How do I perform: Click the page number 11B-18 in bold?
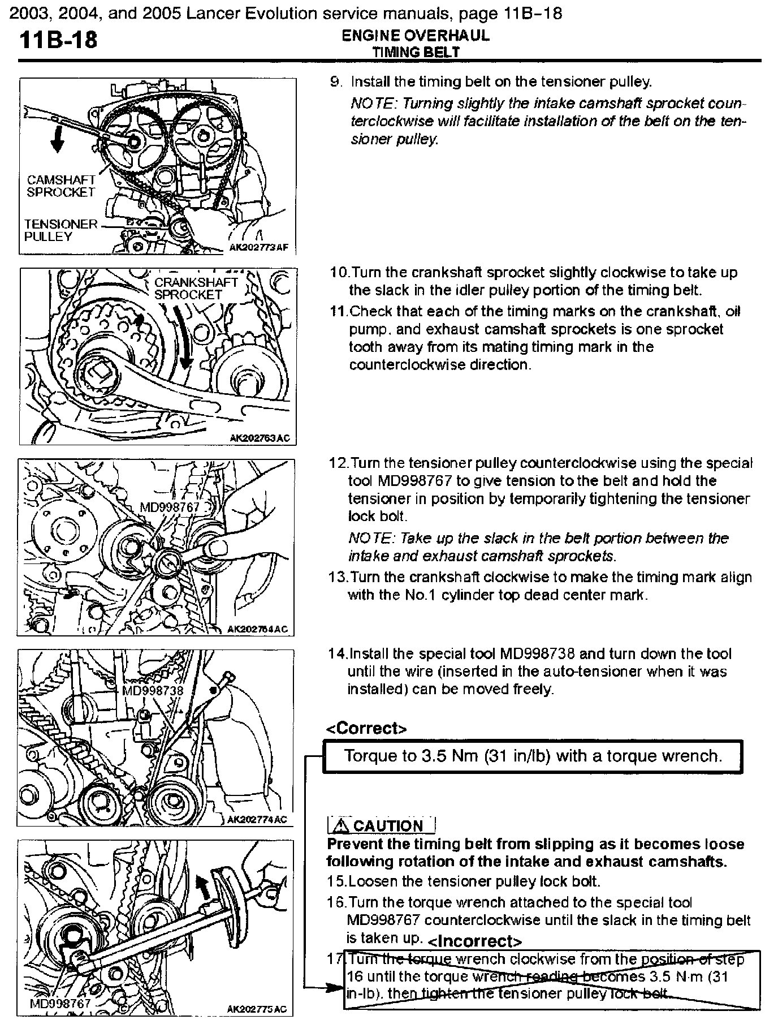[59, 40]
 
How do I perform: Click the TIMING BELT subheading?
[416, 52]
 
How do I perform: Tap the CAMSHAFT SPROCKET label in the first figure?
[61, 186]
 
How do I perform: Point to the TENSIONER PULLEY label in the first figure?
[60, 230]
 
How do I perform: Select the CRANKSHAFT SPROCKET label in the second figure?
[196, 289]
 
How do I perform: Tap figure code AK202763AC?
[261, 437]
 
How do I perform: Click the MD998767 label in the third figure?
[169, 507]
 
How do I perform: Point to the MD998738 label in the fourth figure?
[153, 691]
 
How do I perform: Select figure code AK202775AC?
[257, 1009]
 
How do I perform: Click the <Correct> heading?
[366, 729]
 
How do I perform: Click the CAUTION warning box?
[381, 825]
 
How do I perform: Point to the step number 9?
[336, 82]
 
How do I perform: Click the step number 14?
[338, 654]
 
